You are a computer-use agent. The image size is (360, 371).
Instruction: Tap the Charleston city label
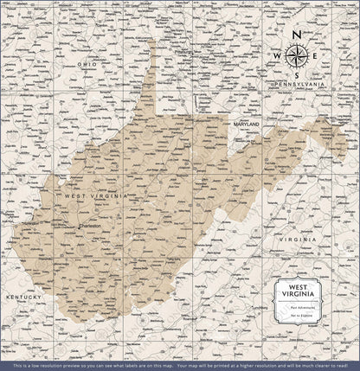[89, 226]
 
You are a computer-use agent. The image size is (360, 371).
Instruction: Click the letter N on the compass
[296, 35]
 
